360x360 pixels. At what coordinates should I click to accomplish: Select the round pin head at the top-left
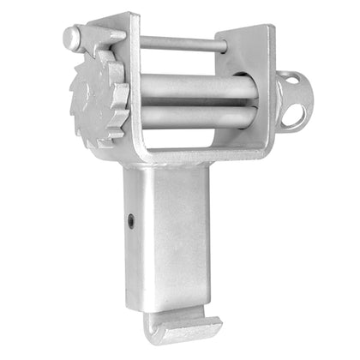point(72,37)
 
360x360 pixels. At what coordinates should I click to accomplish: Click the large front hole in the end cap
point(297,114)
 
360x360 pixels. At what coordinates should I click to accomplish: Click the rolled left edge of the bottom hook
point(153,329)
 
